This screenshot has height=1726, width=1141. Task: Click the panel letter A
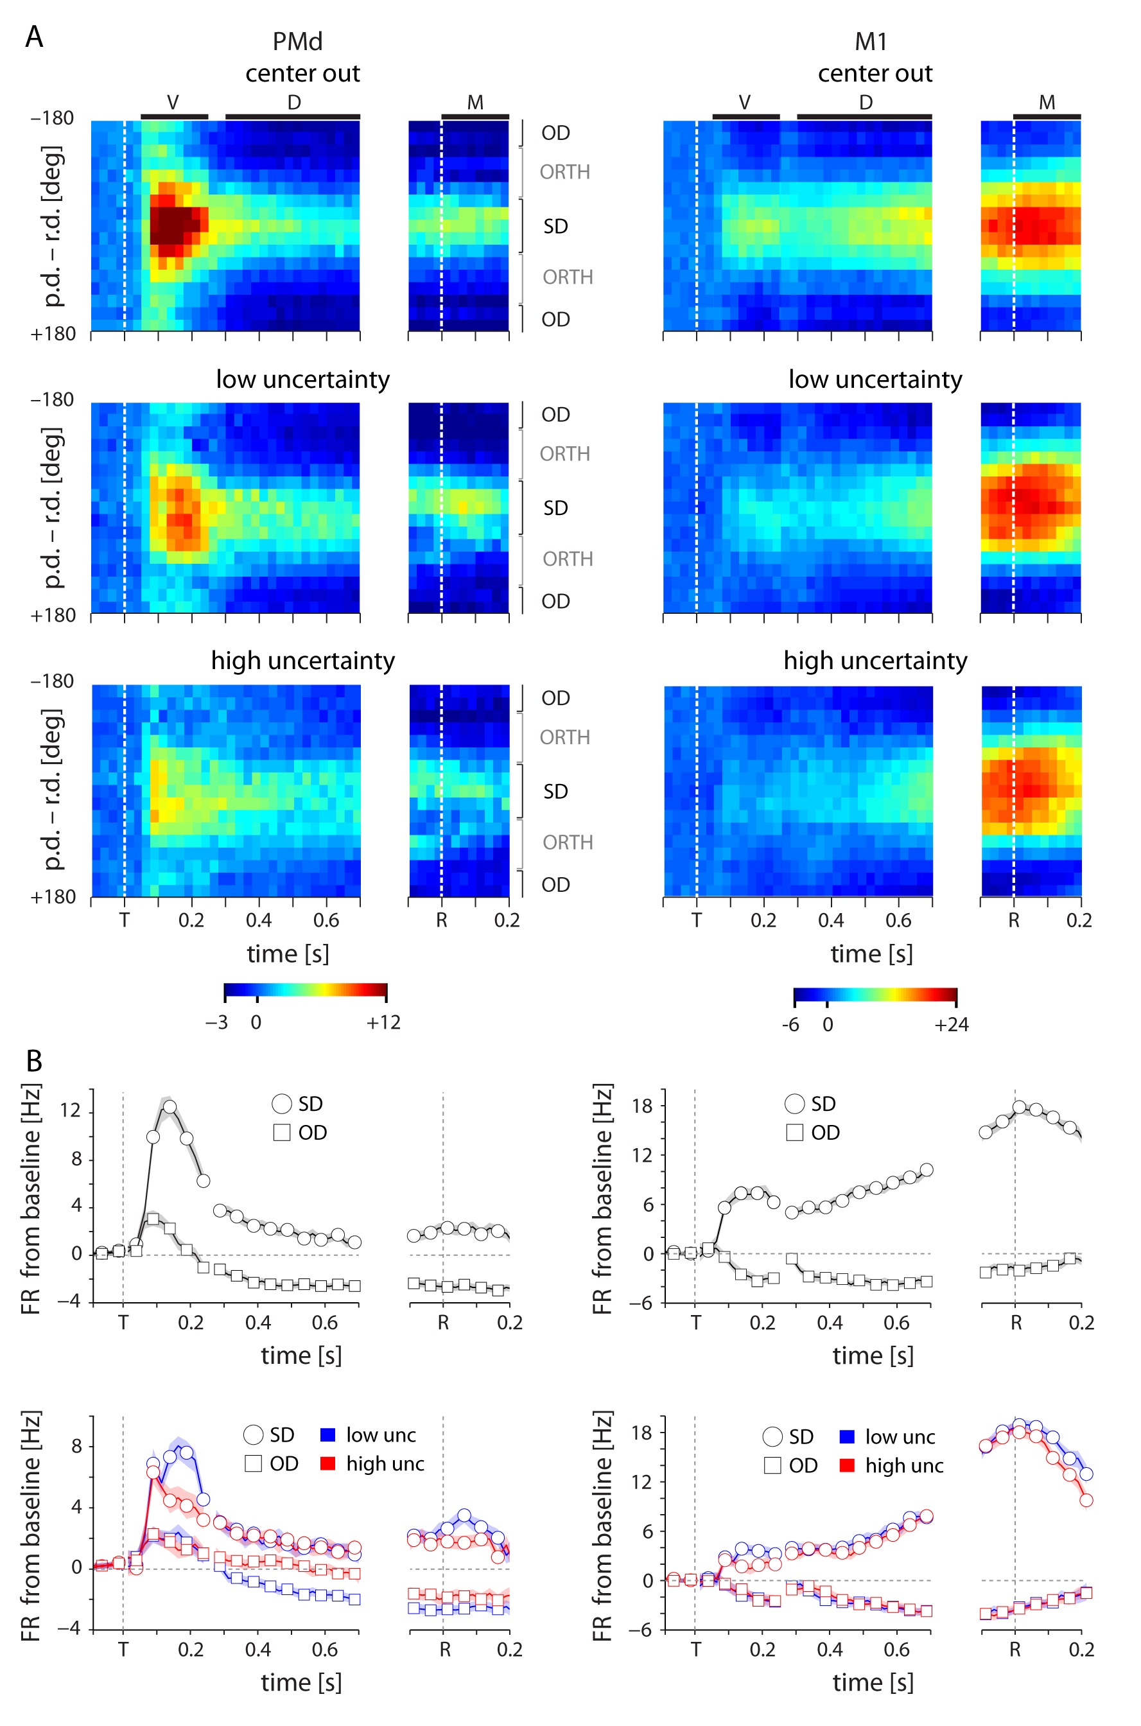point(33,37)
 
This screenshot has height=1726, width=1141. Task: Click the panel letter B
point(33,1061)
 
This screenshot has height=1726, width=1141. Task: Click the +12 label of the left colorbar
point(383,1022)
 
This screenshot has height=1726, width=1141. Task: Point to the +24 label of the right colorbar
point(951,1025)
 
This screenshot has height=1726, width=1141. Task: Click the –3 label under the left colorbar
point(217,1022)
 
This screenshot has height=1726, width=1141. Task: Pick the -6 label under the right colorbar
point(790,1025)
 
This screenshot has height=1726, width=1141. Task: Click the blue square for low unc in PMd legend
point(327,1435)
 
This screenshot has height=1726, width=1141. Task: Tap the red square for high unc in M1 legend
point(846,1465)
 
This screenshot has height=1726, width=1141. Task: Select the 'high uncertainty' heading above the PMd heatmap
point(302,660)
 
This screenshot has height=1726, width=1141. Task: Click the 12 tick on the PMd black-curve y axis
point(70,1110)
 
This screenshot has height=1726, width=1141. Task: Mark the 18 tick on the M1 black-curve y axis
point(642,1106)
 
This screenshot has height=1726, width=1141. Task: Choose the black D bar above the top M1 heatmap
point(864,116)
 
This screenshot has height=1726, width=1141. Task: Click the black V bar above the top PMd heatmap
point(174,116)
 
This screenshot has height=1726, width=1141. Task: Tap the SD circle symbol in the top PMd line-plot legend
point(282,1104)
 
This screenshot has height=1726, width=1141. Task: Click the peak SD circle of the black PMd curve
point(170,1107)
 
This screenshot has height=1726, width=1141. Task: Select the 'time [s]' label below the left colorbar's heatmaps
point(288,954)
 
